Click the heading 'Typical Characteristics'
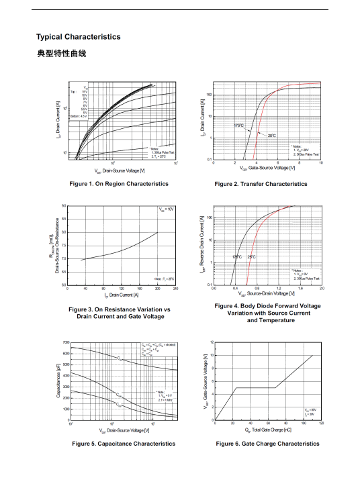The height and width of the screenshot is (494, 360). [x=79, y=37]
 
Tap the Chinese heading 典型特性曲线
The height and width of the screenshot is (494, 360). [x=61, y=53]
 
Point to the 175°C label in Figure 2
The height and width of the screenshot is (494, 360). [x=238, y=126]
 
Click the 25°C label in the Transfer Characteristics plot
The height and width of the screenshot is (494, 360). [x=271, y=135]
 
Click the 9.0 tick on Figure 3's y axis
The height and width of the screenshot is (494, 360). [x=64, y=206]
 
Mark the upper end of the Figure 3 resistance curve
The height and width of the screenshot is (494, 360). [x=158, y=232]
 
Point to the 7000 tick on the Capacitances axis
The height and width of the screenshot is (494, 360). [x=64, y=343]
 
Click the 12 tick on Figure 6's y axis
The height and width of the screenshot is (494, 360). [x=212, y=343]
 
